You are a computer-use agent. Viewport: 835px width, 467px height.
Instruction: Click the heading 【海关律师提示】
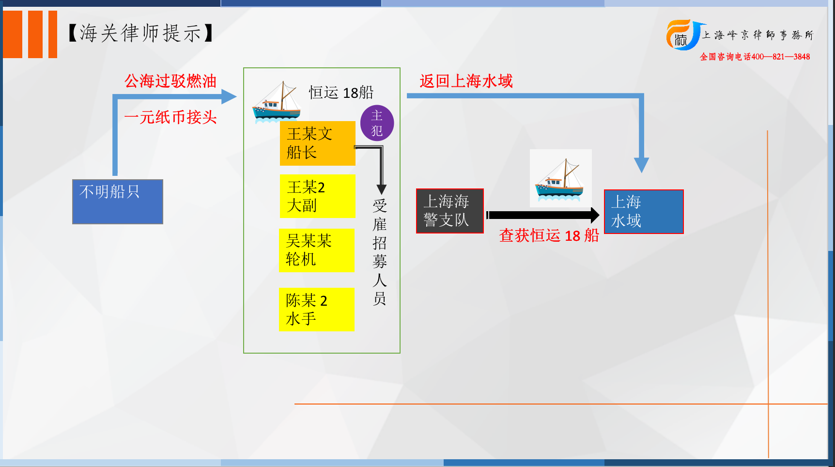(x=140, y=33)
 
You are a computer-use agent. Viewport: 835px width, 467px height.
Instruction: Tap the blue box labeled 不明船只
(x=118, y=202)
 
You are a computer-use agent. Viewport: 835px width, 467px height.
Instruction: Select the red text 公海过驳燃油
(x=170, y=81)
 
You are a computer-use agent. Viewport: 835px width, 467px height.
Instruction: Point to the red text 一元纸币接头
(x=170, y=117)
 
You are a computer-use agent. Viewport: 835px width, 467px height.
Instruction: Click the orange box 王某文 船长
(x=318, y=143)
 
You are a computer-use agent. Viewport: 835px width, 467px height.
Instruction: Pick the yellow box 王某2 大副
(x=318, y=196)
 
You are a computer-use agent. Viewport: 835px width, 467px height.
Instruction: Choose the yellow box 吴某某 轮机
(x=317, y=250)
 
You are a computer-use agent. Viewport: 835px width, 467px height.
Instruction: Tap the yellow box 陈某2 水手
(x=317, y=310)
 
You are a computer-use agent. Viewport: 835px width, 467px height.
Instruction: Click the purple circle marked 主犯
(x=377, y=123)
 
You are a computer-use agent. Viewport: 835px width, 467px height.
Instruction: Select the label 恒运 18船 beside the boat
(x=341, y=92)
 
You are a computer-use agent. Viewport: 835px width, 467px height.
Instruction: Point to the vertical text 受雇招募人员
(x=380, y=252)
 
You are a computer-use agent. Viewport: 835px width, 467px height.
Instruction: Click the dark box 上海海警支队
(x=450, y=211)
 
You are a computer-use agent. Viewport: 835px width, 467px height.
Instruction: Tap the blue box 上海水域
(x=644, y=212)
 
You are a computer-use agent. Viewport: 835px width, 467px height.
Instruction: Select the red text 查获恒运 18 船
(x=549, y=235)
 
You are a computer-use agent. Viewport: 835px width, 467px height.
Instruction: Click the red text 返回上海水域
(x=466, y=81)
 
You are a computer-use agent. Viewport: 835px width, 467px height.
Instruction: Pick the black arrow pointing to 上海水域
(x=543, y=215)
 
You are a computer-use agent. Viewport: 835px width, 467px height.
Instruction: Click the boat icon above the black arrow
(x=560, y=179)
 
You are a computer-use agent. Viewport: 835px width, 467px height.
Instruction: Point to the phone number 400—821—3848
(x=781, y=57)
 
